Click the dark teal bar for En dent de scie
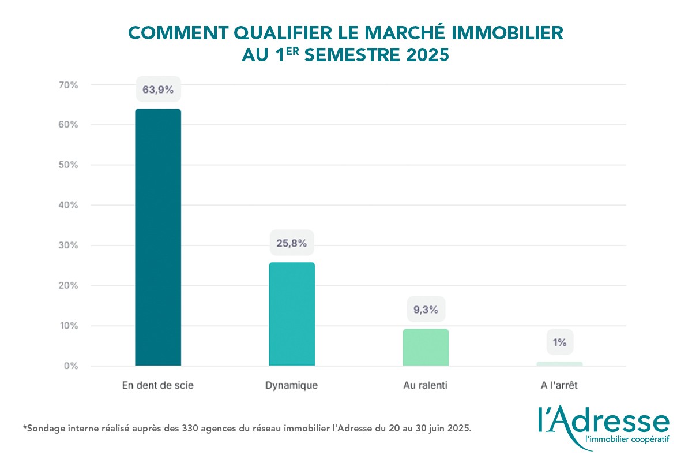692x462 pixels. [x=158, y=237]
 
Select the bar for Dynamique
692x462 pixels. [x=292, y=314]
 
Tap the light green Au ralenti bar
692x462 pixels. [x=426, y=347]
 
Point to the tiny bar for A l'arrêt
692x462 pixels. [x=559, y=364]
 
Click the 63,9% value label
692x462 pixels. [x=158, y=90]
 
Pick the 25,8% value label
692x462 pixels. [x=292, y=243]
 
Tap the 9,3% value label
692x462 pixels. [x=426, y=310]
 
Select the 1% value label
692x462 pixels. [x=559, y=342]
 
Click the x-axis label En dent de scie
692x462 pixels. [x=158, y=385]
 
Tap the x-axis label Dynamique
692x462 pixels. [x=292, y=385]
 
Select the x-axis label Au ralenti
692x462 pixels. [x=426, y=385]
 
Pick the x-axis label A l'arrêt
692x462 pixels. [x=559, y=385]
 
